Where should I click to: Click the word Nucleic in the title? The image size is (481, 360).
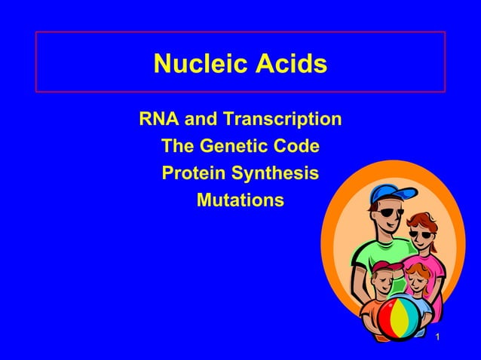pyautogui.click(x=197, y=64)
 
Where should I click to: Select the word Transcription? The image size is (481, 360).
pyautogui.click(x=277, y=119)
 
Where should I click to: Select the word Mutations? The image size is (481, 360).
pyautogui.click(x=240, y=200)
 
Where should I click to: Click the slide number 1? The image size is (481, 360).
pyautogui.click(x=437, y=336)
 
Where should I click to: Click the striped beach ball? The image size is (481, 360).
pyautogui.click(x=398, y=319)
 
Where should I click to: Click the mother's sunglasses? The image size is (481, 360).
pyautogui.click(x=421, y=233)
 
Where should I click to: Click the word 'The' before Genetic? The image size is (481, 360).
pyautogui.click(x=179, y=145)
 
